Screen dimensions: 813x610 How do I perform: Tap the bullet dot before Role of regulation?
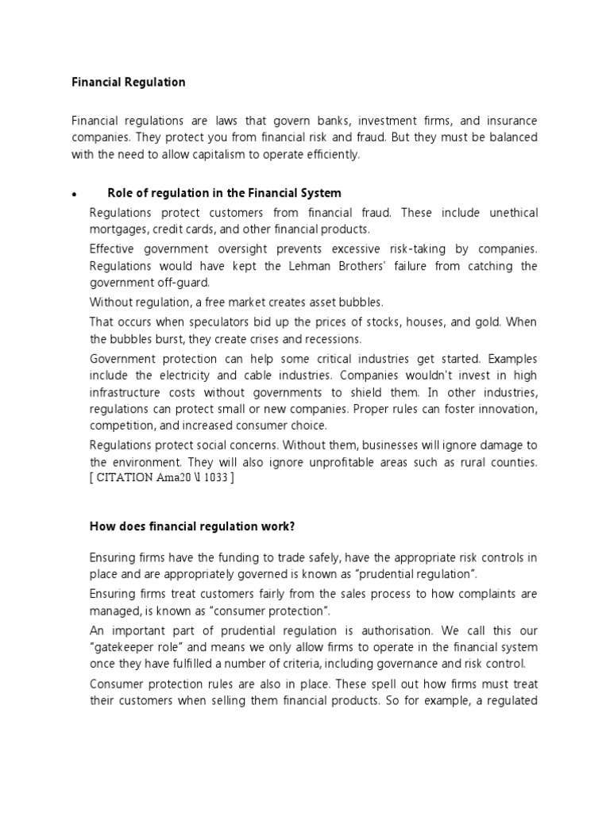tap(73, 195)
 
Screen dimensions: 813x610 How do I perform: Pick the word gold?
tap(487, 322)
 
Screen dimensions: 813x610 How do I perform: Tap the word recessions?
tap(310, 338)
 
